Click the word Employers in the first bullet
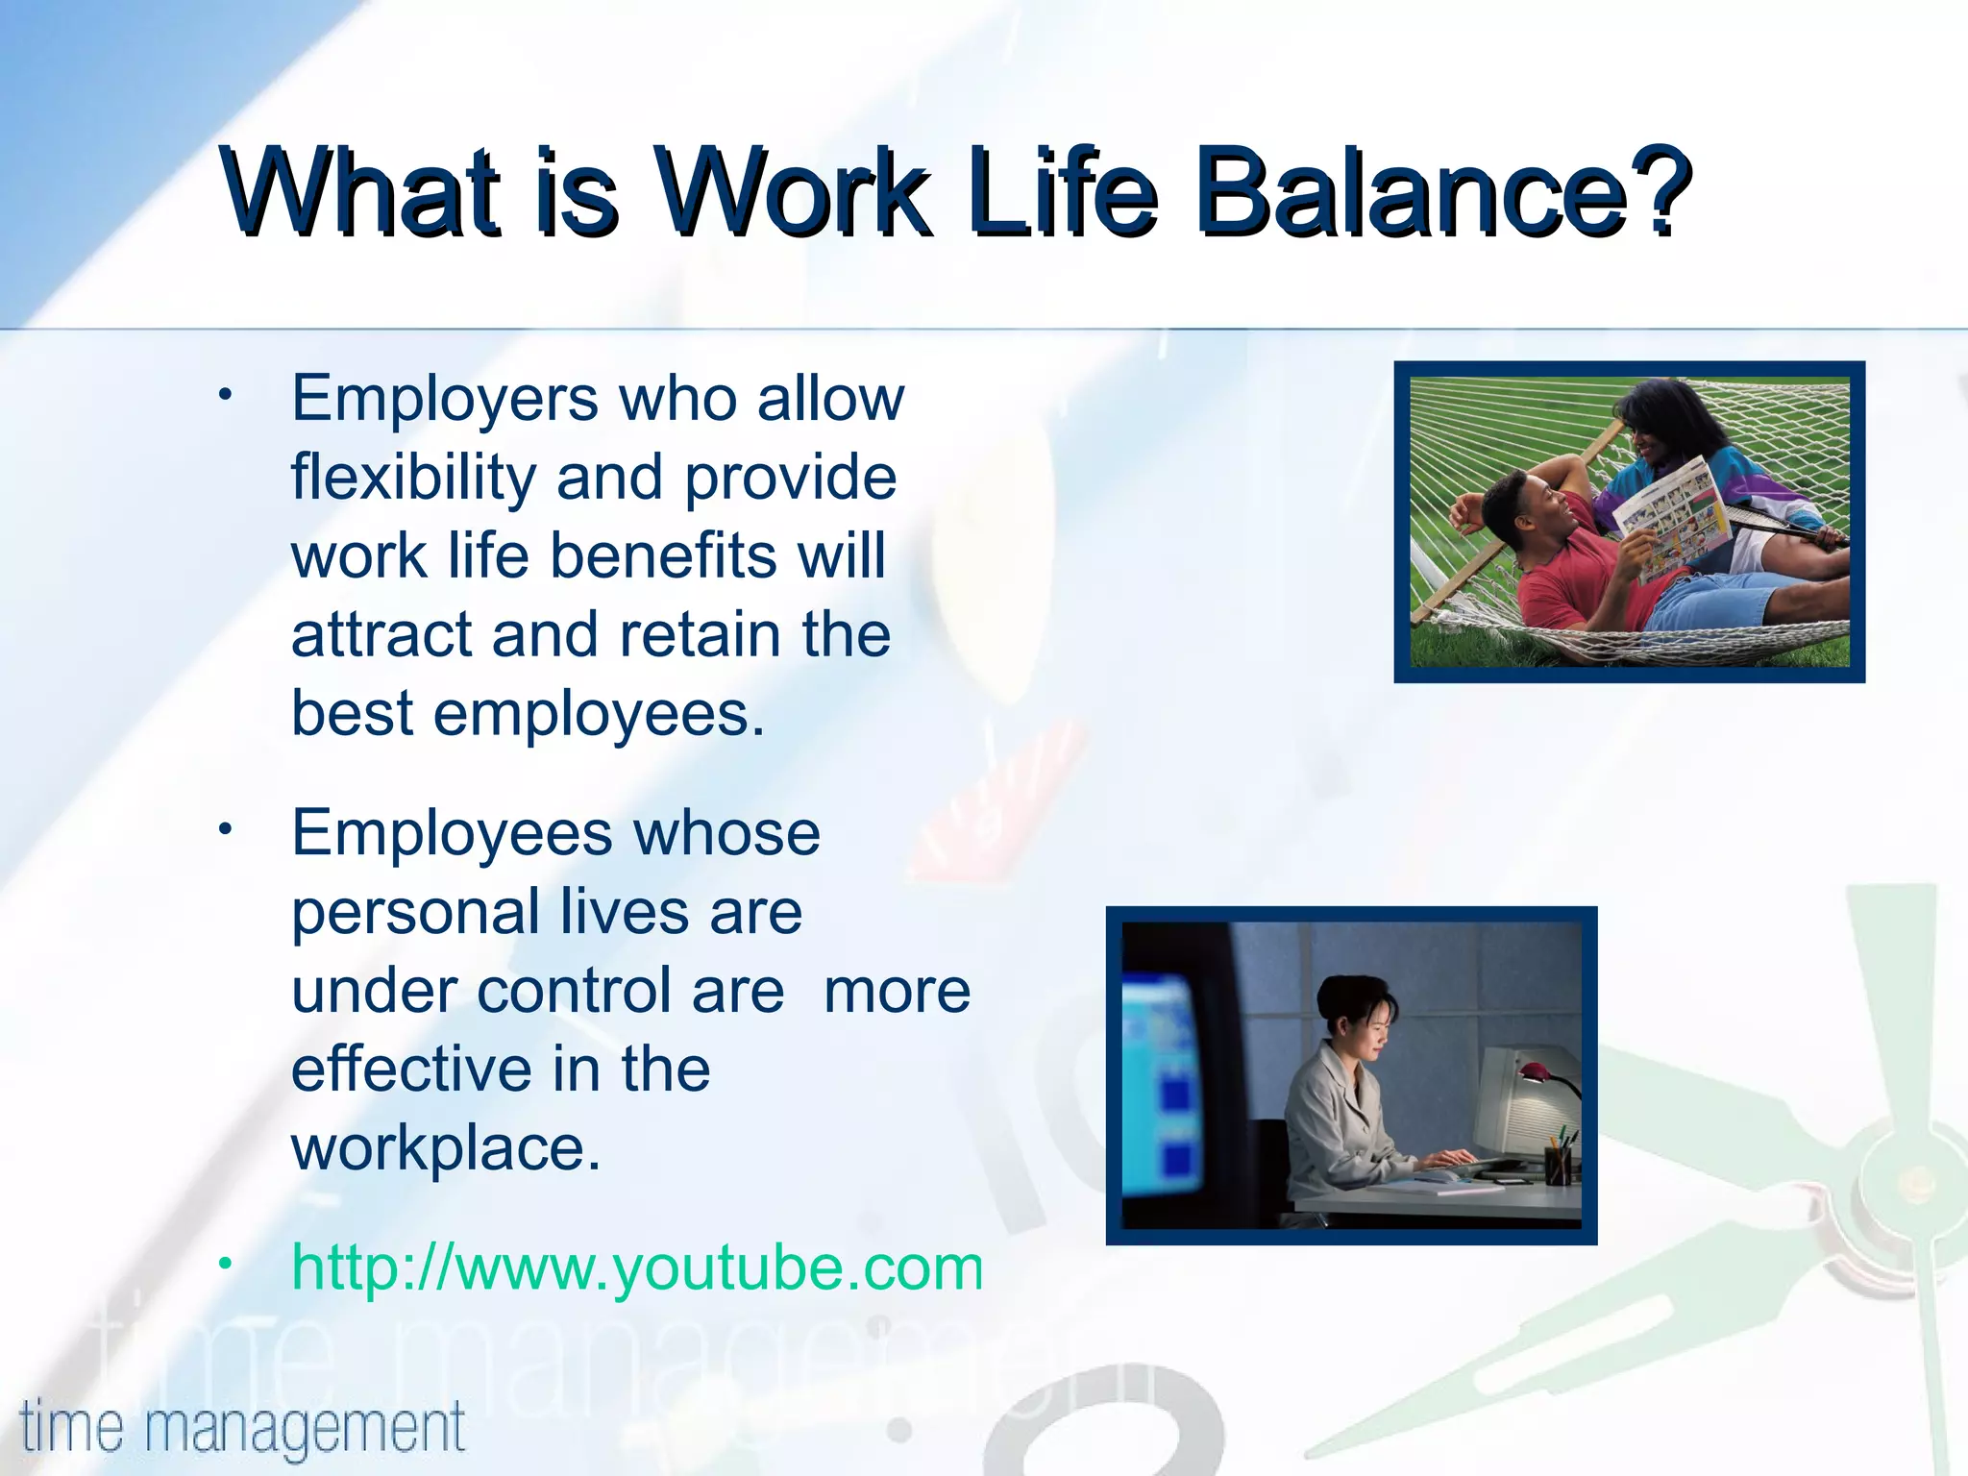[x=445, y=399]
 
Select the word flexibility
[x=413, y=478]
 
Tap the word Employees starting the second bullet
[x=452, y=834]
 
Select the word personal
[x=415, y=913]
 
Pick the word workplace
[x=446, y=1148]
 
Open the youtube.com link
[x=637, y=1268]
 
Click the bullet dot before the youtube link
[x=225, y=1263]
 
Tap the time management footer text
[x=242, y=1428]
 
